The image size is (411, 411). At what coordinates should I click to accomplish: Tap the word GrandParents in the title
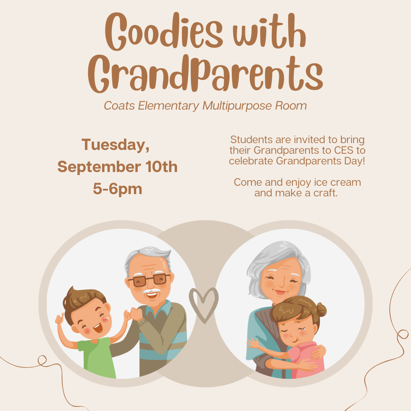205,73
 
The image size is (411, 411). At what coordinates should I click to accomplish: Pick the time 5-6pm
118,189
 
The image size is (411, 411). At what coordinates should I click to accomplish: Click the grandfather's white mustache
151,291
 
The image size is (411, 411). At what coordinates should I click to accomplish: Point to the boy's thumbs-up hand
59,319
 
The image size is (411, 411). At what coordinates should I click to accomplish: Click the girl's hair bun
321,309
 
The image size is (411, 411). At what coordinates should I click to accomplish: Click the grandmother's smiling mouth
280,292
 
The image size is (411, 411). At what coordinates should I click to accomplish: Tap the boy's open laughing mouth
98,328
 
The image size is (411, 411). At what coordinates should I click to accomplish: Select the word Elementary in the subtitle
169,106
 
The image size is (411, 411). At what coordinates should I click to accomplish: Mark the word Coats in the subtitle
119,106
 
